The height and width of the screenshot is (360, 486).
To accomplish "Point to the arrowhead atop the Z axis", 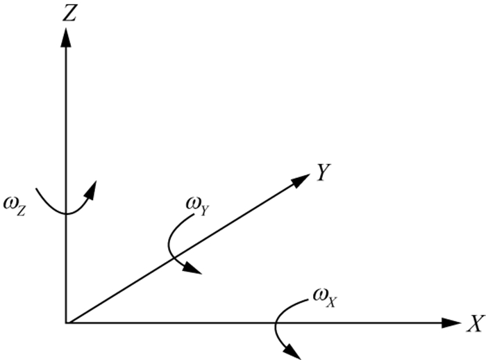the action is pyautogui.click(x=65, y=37).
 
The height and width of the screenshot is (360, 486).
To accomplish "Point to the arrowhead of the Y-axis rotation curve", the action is pyautogui.click(x=194, y=269).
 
